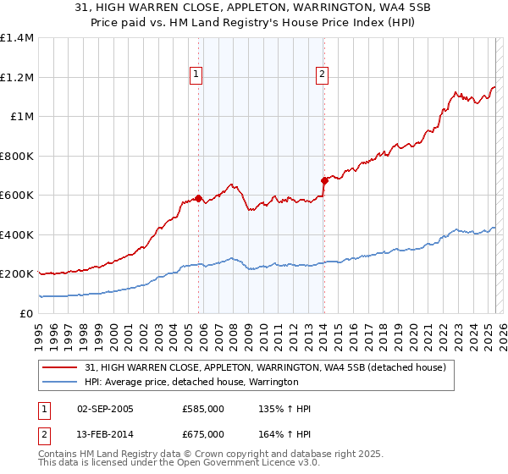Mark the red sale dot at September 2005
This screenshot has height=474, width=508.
click(199, 199)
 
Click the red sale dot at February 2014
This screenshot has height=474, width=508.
click(324, 180)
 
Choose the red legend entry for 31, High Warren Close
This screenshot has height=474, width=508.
click(271, 367)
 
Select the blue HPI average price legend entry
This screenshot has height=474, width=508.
click(191, 382)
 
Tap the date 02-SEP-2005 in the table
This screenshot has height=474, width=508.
click(105, 410)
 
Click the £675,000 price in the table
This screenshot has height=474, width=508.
click(203, 434)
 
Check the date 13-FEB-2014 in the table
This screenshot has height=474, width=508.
click(105, 434)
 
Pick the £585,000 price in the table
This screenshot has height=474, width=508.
click(203, 410)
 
